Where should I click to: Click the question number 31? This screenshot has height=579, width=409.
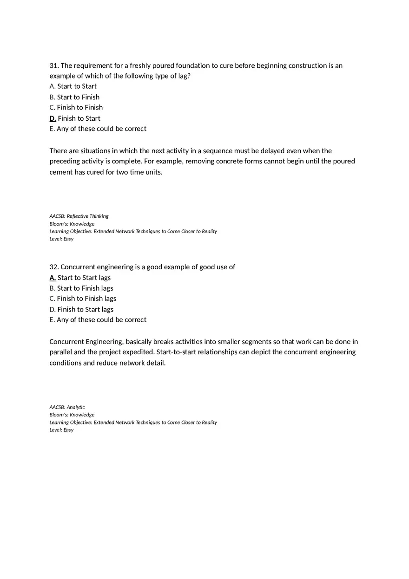pyautogui.click(x=54, y=65)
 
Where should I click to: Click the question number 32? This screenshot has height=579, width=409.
pyautogui.click(x=54, y=267)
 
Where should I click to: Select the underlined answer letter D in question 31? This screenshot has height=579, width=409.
pyautogui.click(x=53, y=118)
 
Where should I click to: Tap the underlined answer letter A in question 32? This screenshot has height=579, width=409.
pyautogui.click(x=53, y=278)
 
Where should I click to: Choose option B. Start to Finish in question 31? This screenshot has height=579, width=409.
pyautogui.click(x=74, y=97)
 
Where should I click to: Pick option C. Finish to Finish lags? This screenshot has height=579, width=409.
pyautogui.click(x=83, y=299)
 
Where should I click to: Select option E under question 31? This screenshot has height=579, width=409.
pyautogui.click(x=98, y=129)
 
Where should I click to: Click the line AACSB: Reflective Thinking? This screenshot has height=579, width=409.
pyautogui.click(x=79, y=216)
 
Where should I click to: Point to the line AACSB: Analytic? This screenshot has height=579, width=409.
pyautogui.click(x=67, y=407)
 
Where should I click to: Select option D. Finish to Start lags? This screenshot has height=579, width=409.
pyautogui.click(x=81, y=309)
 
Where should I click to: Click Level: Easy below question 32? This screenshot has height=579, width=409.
pyautogui.click(x=61, y=430)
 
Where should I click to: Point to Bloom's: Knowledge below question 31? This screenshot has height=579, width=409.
pyautogui.click(x=72, y=224)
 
